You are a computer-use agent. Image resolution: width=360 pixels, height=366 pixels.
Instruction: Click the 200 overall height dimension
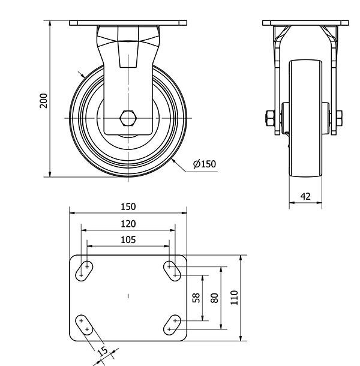[43, 101]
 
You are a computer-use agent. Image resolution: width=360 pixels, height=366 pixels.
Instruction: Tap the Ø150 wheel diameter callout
[205, 164]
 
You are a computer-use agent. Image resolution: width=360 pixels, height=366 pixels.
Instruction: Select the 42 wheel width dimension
[305, 196]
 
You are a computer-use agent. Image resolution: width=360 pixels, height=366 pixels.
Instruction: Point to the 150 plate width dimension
[128, 206]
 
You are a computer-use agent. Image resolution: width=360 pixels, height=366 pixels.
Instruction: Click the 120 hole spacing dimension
[128, 224]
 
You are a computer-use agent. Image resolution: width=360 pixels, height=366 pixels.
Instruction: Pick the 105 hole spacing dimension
[128, 240]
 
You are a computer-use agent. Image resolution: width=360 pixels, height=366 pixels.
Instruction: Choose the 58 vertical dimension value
[196, 298]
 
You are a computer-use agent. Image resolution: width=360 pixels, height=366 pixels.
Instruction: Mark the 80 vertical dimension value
[214, 298]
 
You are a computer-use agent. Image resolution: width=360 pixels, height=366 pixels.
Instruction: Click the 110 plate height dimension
[234, 298]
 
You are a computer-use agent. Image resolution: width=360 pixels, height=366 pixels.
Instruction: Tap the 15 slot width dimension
[103, 351]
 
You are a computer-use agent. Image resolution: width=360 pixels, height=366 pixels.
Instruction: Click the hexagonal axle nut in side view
[128, 118]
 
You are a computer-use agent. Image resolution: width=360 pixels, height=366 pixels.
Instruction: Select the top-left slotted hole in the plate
[84, 271]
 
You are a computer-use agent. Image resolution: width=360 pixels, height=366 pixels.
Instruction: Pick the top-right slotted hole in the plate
[172, 271]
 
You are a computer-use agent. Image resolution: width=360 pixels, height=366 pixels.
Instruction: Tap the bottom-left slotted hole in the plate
[84, 325]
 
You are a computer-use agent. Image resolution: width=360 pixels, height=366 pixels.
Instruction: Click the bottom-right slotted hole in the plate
[172, 325]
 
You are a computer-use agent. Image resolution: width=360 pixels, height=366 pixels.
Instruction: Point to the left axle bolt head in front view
[269, 118]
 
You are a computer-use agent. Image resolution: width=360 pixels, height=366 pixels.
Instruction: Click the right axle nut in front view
[340, 118]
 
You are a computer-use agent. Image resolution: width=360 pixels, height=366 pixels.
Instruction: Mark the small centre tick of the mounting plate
[128, 296]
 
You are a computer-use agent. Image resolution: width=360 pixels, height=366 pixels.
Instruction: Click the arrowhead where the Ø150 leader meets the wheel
[173, 161]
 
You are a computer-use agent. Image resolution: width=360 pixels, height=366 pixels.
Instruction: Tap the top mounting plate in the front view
[128, 23]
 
